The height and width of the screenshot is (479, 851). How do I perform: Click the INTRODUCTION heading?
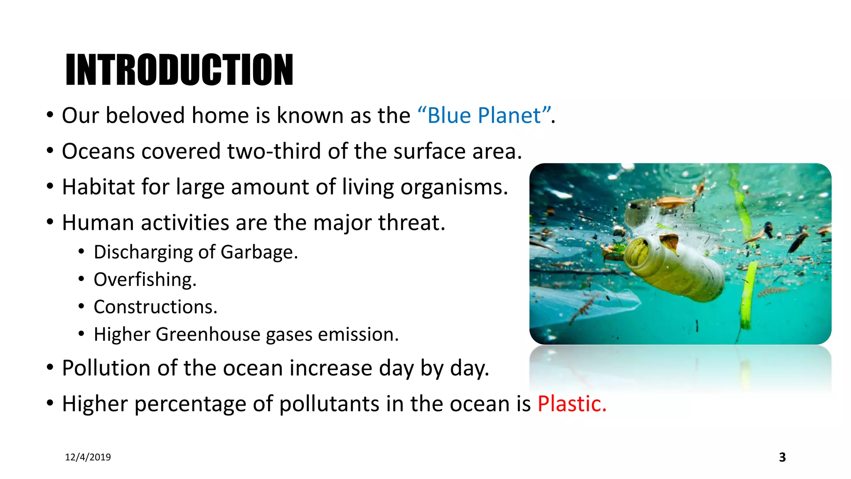[x=179, y=70]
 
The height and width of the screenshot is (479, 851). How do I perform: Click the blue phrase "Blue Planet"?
[x=485, y=116]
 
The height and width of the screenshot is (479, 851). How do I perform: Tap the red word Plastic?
[x=572, y=404]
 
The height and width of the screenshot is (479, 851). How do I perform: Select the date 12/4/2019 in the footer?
[x=88, y=457]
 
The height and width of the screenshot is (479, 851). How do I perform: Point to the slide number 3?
[x=782, y=457]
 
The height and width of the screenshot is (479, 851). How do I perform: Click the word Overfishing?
[x=145, y=279]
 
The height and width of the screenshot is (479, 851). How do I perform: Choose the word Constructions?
[x=155, y=307]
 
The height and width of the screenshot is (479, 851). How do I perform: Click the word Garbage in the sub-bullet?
[x=259, y=252]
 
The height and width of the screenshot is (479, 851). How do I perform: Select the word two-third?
[x=274, y=151]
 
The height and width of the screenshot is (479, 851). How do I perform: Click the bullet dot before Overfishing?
[x=81, y=279]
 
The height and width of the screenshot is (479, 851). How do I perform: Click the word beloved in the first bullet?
[x=145, y=116]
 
